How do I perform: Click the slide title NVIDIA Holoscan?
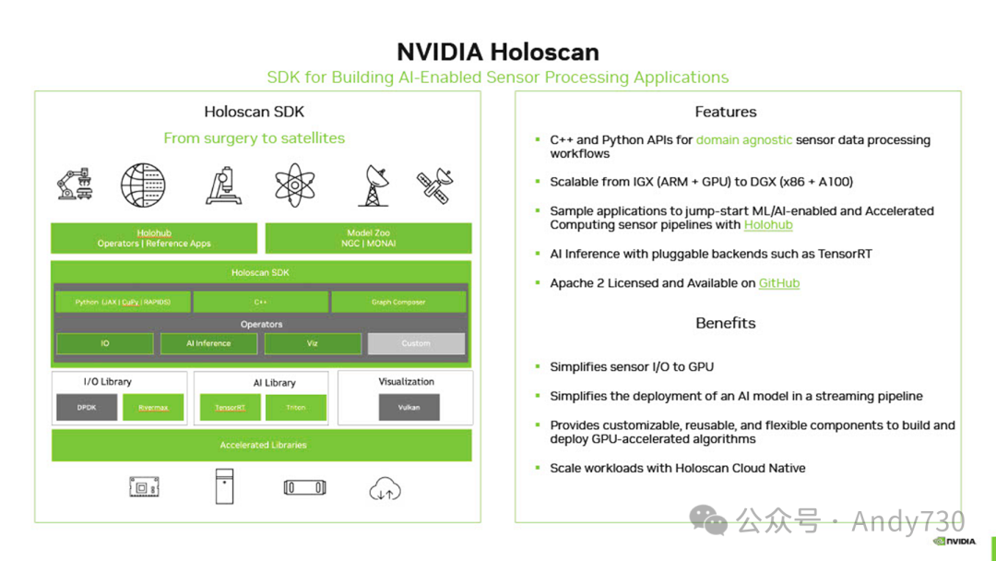(497, 52)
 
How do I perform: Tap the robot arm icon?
(74, 184)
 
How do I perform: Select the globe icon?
(143, 185)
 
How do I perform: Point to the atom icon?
(296, 185)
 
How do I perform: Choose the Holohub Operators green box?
(154, 238)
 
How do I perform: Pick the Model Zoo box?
(368, 238)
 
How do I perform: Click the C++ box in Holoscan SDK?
(260, 302)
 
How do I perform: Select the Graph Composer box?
(398, 302)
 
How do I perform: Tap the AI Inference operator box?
(208, 343)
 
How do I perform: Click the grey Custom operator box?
(416, 343)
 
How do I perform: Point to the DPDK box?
(87, 407)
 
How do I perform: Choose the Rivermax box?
(153, 407)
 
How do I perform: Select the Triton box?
(296, 407)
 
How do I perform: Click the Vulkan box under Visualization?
(409, 407)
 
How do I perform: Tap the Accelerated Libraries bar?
(262, 445)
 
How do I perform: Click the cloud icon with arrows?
(385, 489)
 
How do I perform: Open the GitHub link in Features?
(779, 283)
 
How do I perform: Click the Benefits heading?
(726, 323)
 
